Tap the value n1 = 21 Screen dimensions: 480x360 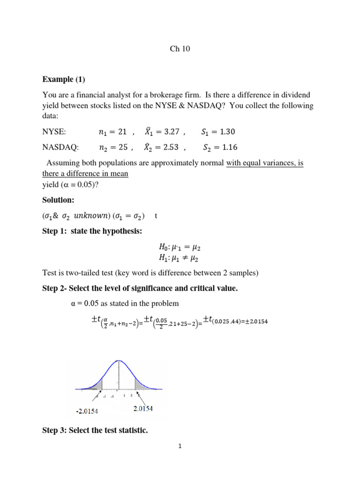(x=113, y=133)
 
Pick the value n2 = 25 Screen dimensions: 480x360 (x=113, y=148)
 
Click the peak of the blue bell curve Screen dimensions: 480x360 (x=119, y=361)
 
